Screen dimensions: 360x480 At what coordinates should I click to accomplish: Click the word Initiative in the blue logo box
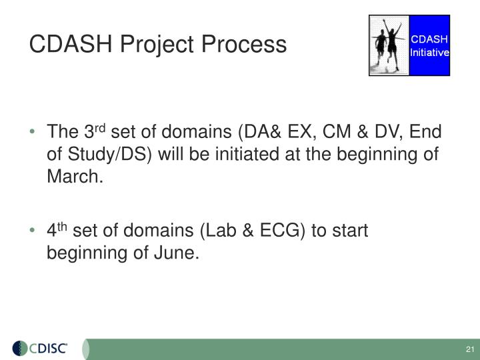pos(429,52)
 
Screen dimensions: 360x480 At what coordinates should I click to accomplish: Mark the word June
pos(177,254)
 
